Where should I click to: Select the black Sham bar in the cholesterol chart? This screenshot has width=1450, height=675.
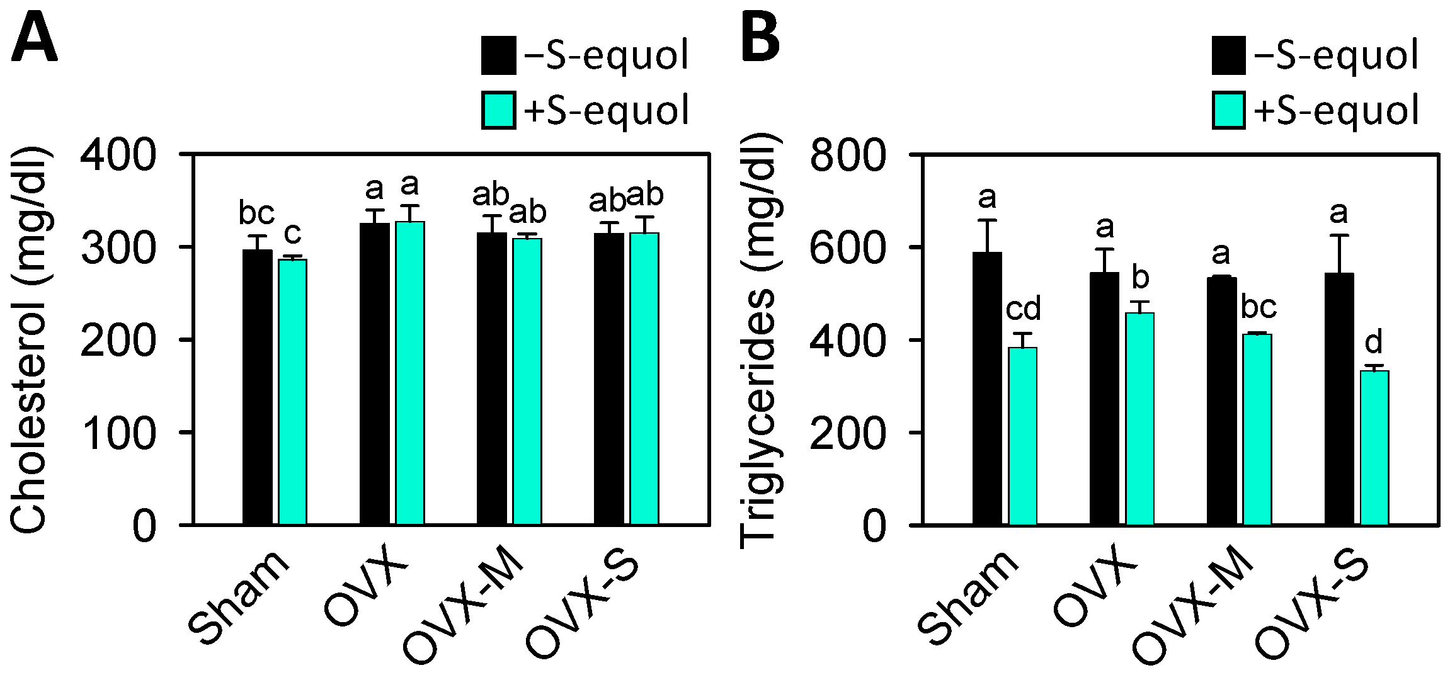point(257,387)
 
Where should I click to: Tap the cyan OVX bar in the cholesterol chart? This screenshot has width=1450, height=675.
point(409,373)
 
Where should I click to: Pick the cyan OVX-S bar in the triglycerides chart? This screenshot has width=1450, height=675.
point(1374,448)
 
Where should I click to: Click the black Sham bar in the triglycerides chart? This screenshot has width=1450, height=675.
point(987,388)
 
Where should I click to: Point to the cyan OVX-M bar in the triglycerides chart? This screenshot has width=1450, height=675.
point(1257,429)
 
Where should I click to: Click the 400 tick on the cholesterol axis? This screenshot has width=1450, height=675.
point(118,155)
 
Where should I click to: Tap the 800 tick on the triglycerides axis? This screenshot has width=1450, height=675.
point(848,155)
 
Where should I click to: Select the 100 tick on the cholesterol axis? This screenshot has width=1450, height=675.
point(118,433)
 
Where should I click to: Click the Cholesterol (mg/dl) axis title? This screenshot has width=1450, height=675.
point(30,340)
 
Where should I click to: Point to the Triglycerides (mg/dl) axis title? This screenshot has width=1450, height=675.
point(758,340)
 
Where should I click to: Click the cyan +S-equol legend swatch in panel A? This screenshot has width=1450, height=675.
point(498,111)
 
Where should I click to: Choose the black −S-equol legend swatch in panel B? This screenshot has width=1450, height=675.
point(1228,55)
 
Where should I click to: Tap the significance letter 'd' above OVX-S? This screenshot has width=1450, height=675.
point(1373,342)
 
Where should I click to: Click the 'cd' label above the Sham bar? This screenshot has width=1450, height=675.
point(1023,309)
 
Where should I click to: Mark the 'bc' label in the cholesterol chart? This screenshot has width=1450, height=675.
point(256,213)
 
